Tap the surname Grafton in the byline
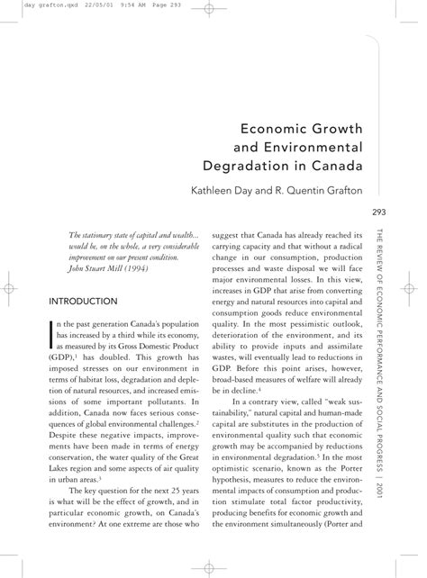pyautogui.click(x=338, y=191)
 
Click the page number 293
pyautogui.click(x=378, y=213)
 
